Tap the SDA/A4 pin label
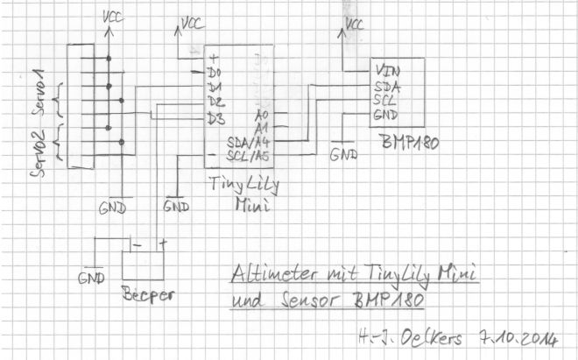click(246, 142)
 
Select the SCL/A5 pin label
click(246, 158)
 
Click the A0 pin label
click(261, 114)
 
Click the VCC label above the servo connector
click(112, 15)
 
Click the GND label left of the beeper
click(90, 279)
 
